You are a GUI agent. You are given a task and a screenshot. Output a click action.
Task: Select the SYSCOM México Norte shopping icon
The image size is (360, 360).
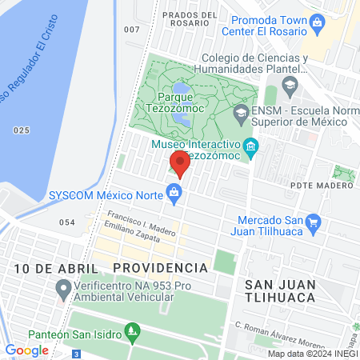173,191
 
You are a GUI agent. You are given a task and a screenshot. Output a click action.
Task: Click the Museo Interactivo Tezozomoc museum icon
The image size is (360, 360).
250,146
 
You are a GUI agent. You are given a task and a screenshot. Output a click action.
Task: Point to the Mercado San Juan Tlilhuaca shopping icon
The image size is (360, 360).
313,222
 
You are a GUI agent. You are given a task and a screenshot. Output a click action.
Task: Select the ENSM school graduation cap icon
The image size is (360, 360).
240,114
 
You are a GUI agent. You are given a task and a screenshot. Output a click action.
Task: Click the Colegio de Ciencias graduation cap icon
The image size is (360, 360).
290,84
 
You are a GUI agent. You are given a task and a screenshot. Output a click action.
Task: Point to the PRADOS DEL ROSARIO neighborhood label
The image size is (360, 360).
190,20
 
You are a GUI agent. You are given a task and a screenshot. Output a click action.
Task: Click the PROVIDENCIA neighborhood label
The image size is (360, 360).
160,266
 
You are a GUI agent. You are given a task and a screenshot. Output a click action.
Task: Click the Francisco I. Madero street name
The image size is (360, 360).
141,223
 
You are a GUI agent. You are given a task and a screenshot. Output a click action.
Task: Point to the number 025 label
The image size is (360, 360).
21,130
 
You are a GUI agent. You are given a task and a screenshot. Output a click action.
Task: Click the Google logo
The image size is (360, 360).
27,350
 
